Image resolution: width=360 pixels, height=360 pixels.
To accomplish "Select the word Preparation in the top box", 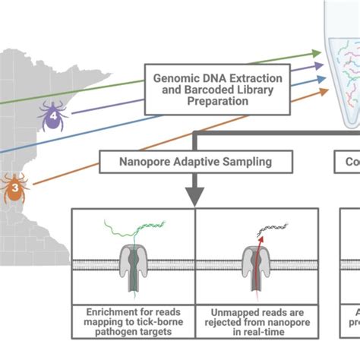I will pos(219,103).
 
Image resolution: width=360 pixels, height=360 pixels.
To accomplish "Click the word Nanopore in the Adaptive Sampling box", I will pos(143,161).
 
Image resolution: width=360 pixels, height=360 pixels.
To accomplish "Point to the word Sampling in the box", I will pos(246,161).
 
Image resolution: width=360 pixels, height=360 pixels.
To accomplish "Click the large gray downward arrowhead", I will pos(195,196).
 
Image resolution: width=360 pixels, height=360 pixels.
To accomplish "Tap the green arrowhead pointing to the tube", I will pos(317,52).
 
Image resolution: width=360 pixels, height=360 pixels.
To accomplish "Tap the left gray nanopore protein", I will pos(133,266).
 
